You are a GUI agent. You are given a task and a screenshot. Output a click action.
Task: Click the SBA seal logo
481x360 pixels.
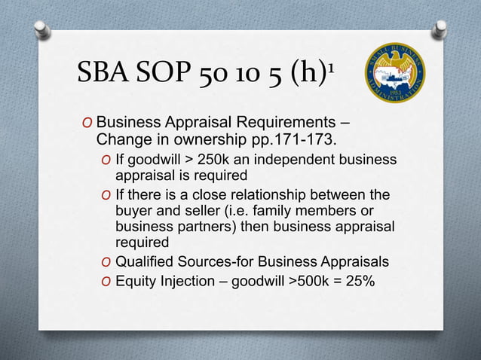coord(394,73)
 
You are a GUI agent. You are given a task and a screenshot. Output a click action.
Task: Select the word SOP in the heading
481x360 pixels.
coord(173,75)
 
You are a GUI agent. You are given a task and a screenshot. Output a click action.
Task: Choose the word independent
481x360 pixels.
coord(301,160)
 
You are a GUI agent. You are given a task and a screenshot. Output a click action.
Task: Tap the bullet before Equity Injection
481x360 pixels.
coord(106,283)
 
